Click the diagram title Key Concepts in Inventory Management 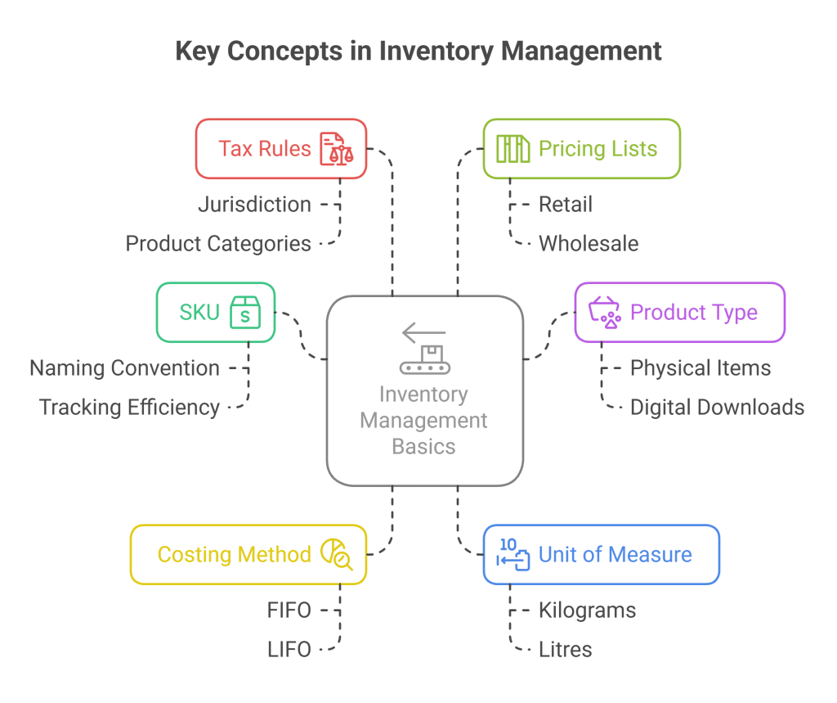(418, 52)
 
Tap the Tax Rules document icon (337, 150)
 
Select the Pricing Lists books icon (513, 150)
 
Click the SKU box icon (244, 312)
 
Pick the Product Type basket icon (606, 313)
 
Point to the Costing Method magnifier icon (336, 554)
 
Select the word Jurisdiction (254, 204)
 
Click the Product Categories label (218, 243)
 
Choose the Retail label (565, 204)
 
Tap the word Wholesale (589, 243)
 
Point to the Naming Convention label (124, 368)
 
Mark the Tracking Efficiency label (129, 407)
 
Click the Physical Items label (700, 368)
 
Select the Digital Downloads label (717, 407)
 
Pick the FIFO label (289, 611)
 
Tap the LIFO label (289, 650)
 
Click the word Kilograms (587, 611)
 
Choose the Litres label (565, 650)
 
